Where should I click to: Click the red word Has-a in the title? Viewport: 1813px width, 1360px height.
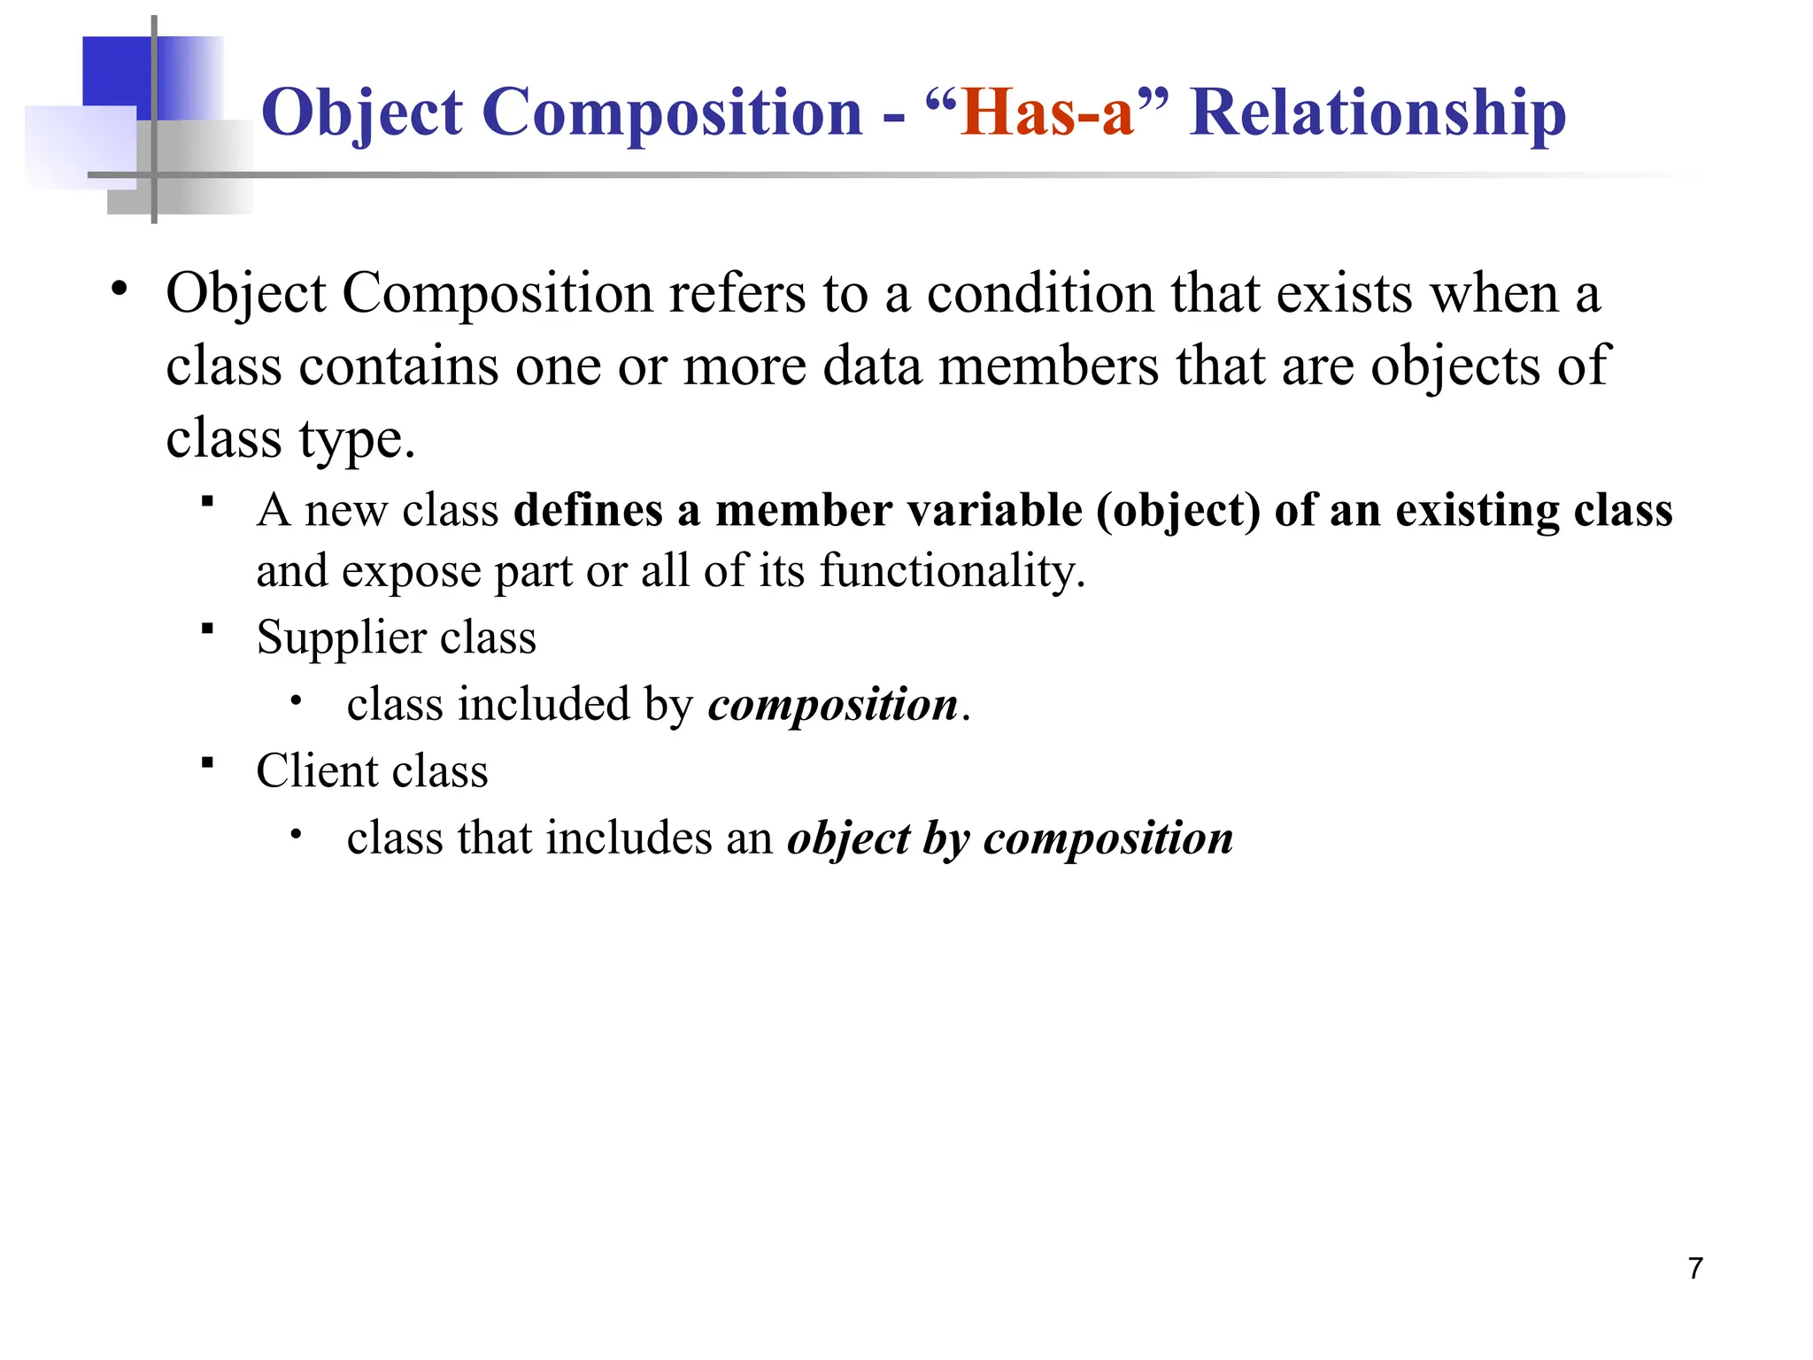1047,112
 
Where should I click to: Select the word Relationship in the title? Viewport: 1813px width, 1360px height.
1377,112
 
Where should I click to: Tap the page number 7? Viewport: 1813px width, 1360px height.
1695,1269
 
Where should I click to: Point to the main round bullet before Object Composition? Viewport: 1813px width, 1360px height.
120,290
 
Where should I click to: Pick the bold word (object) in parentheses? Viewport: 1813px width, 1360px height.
1178,512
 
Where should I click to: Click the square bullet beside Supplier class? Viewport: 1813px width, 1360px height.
208,630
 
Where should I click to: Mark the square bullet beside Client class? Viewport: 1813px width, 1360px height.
208,762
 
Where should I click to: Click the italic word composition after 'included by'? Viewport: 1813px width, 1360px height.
832,706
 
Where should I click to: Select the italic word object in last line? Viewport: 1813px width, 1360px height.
848,838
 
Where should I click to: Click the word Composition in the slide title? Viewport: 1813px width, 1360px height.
672,112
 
